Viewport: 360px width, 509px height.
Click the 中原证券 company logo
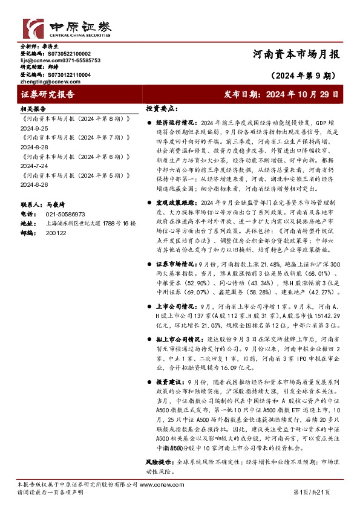67,29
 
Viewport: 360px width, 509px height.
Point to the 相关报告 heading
33,109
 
